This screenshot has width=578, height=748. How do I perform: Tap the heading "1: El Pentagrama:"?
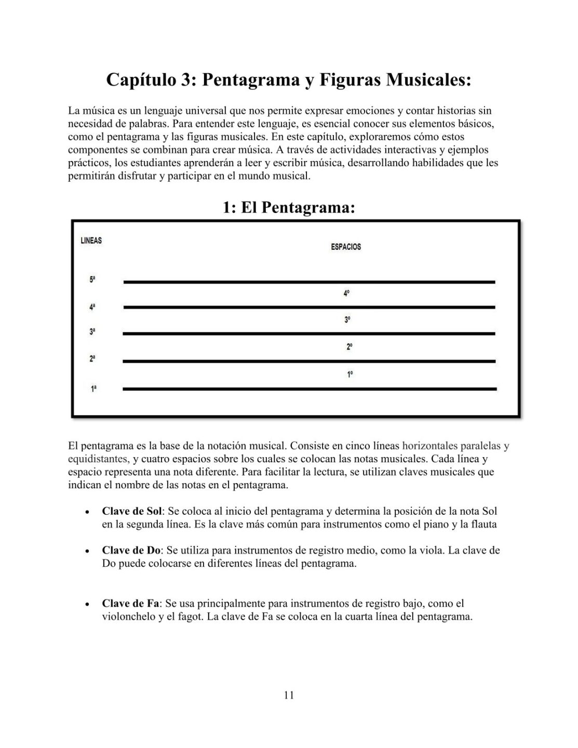tap(289, 207)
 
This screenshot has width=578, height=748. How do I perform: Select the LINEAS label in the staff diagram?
tap(91, 241)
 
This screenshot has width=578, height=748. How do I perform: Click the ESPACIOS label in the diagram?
tap(346, 247)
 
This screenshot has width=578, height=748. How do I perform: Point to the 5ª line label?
tap(92, 279)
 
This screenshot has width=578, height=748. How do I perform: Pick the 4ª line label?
tap(92, 307)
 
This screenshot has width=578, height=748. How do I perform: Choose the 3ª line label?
tap(92, 331)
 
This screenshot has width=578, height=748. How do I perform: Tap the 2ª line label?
tap(92, 358)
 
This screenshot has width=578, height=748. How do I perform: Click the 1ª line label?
tap(93, 388)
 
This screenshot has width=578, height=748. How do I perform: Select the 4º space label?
tap(347, 293)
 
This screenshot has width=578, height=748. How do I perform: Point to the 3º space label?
tap(347, 320)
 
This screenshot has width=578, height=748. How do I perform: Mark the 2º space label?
tap(350, 347)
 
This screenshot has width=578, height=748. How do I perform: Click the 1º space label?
tap(350, 374)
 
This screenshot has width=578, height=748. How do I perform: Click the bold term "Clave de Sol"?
tap(132, 511)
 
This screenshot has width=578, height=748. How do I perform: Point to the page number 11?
tap(289, 695)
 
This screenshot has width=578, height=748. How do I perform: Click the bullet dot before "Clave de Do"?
tap(87, 551)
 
